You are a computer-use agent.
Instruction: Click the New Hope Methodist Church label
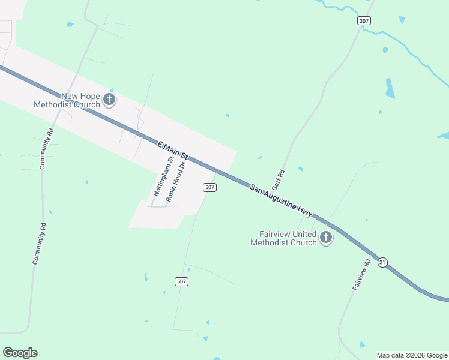click(x=67, y=100)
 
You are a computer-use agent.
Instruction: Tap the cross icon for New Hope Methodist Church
click(x=109, y=100)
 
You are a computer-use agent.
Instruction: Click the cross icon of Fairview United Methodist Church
click(x=326, y=238)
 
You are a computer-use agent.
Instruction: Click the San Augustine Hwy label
click(x=281, y=200)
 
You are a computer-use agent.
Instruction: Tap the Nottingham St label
click(x=160, y=177)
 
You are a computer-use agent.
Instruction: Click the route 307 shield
click(x=364, y=20)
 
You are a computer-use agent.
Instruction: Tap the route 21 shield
click(x=382, y=262)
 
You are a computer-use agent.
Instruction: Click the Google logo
click(x=20, y=352)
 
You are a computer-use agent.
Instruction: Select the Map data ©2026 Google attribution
click(x=412, y=355)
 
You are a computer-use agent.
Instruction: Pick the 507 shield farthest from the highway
click(x=182, y=281)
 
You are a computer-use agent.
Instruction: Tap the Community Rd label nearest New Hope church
click(x=46, y=149)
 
